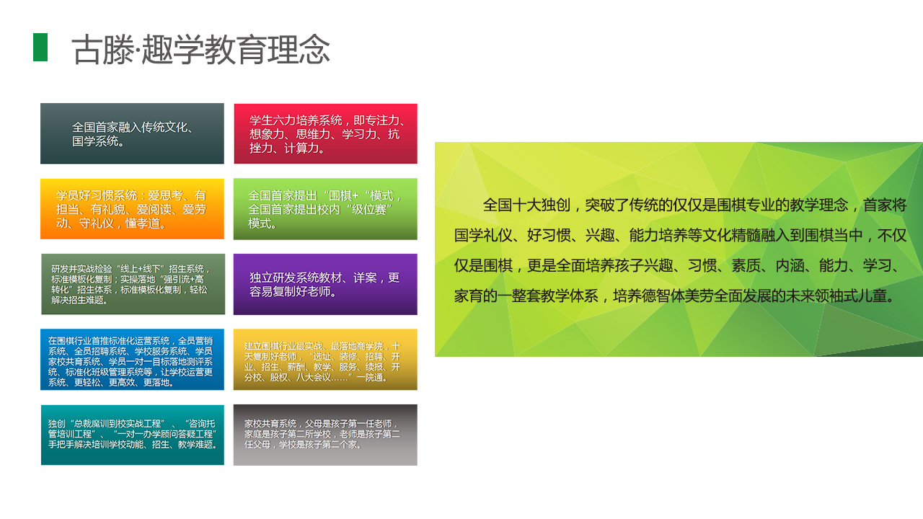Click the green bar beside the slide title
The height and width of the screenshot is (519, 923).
[40, 48]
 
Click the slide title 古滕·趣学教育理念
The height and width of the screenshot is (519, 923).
[200, 50]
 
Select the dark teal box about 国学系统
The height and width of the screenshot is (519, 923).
[132, 133]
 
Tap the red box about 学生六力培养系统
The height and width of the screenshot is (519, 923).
[325, 133]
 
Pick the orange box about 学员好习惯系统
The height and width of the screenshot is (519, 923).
[132, 209]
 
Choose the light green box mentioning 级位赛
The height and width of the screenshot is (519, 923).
[325, 209]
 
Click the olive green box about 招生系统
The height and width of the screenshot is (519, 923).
[133, 284]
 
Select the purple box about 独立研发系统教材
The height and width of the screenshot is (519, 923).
[325, 284]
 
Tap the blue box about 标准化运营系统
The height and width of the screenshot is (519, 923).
[132, 359]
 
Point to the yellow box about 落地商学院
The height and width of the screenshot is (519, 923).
[325, 359]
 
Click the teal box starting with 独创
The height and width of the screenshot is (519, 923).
[133, 435]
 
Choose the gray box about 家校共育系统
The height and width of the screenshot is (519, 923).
[325, 435]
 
